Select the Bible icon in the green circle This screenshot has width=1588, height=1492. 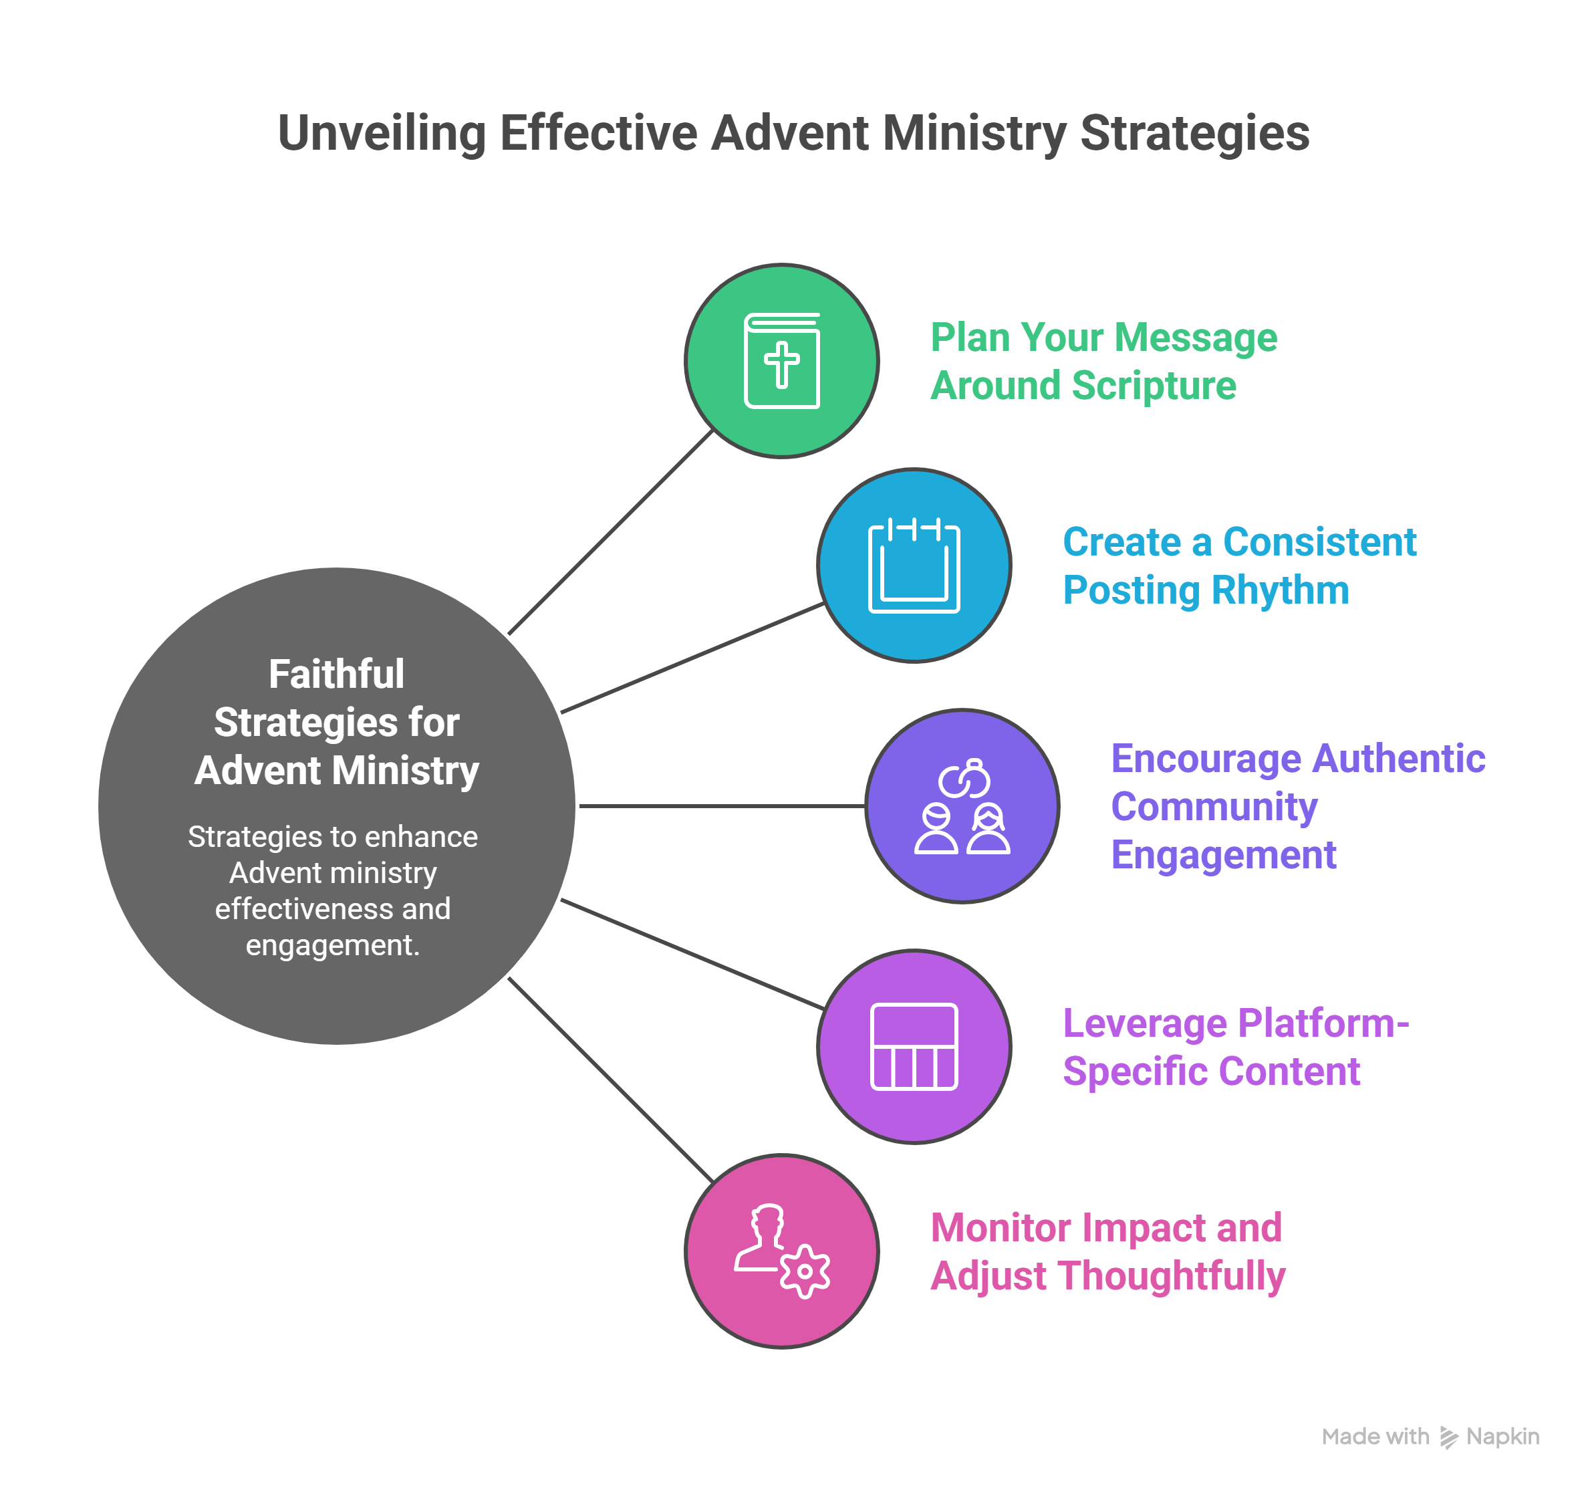[781, 361]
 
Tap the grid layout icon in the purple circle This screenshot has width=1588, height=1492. [914, 1046]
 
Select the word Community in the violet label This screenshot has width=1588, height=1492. [1214, 807]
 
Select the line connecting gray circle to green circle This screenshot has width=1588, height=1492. [610, 533]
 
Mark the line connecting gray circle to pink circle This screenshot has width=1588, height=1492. [610, 1080]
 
